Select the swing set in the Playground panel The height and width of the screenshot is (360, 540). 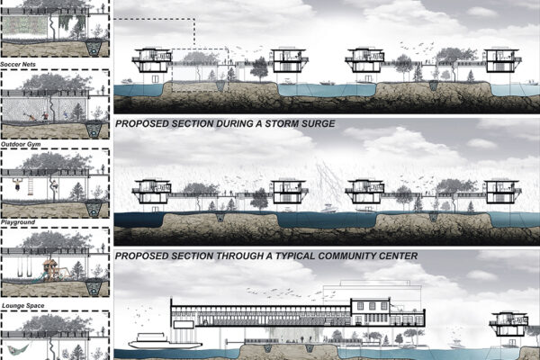point(22,268)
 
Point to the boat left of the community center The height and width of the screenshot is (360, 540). point(148,342)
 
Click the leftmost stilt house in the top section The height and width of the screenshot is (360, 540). point(151,58)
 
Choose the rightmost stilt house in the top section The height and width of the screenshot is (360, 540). point(504,60)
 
